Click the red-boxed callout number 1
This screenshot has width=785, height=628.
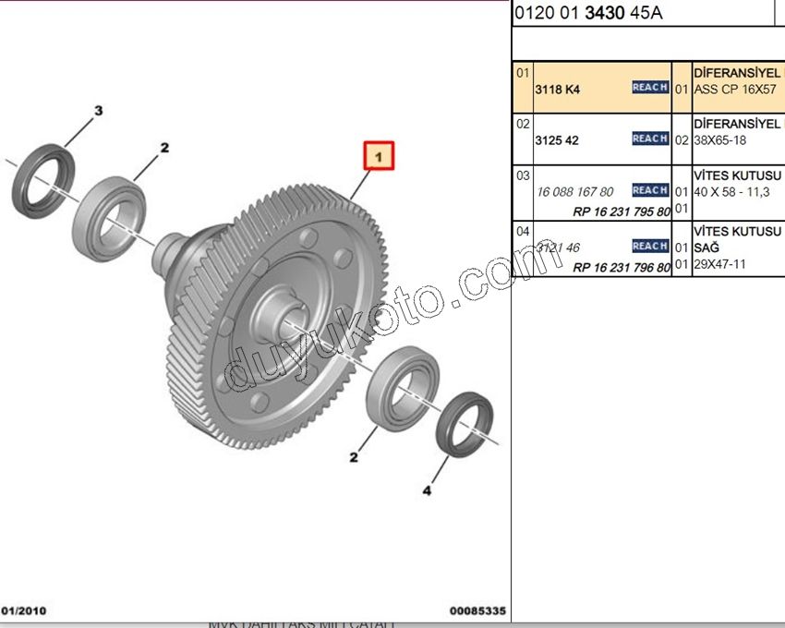point(379,156)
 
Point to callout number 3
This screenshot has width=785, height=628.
point(98,112)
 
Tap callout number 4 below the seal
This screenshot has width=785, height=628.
point(426,490)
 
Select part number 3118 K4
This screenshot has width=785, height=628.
point(557,91)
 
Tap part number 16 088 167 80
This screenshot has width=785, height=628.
point(574,192)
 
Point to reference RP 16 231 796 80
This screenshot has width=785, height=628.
point(622,267)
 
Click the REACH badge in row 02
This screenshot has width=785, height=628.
point(650,139)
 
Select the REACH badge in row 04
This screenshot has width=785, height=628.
point(650,247)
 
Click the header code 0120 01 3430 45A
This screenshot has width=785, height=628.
point(587,13)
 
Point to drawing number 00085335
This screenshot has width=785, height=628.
point(477,610)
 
